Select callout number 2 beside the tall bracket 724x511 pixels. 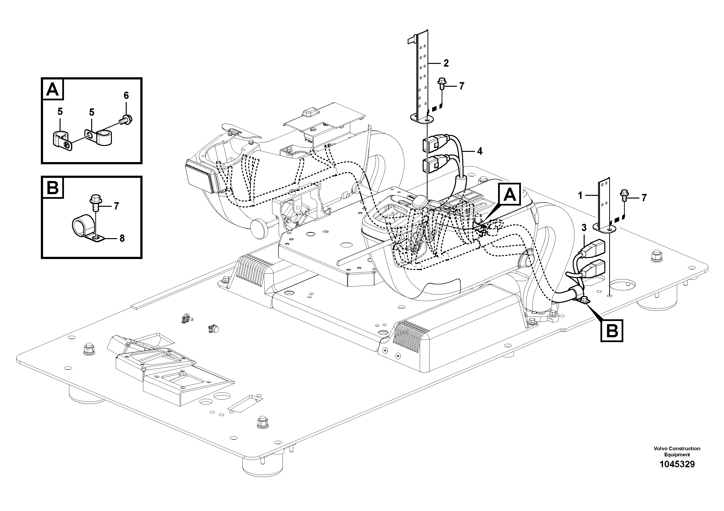(446, 63)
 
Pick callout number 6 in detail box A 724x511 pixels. (126, 95)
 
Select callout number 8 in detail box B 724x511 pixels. (122, 238)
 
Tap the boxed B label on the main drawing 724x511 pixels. (612, 331)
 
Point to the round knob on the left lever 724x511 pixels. (259, 226)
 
